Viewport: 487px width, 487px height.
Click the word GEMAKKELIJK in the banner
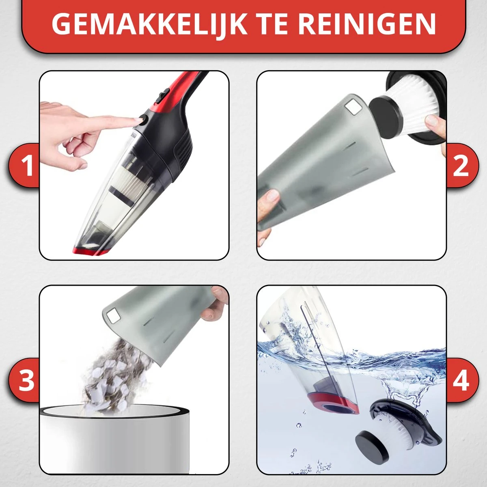coord(149,24)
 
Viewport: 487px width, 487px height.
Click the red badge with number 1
coord(24,165)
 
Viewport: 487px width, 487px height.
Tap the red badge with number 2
coord(462,165)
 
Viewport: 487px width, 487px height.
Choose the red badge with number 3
coord(24,380)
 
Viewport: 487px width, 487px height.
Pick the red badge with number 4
coord(462,380)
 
